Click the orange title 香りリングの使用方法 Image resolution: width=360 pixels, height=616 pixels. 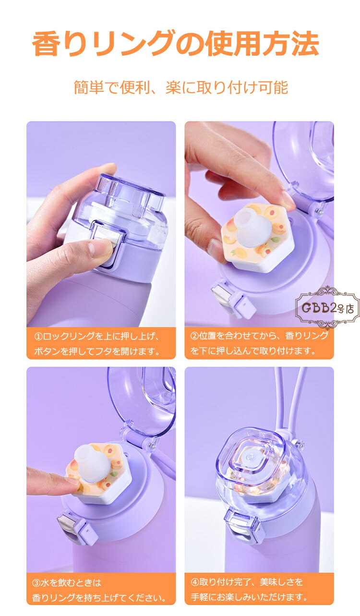(x=176, y=43)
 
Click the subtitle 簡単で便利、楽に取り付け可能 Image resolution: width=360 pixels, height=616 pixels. (x=181, y=87)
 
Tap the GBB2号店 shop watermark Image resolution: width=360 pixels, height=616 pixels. (x=327, y=308)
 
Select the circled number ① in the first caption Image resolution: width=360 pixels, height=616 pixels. (x=38, y=336)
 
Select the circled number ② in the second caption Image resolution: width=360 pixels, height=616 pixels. (x=194, y=336)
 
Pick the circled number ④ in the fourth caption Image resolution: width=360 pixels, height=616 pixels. (x=195, y=582)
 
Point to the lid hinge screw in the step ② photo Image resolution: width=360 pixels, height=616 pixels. (x=318, y=211)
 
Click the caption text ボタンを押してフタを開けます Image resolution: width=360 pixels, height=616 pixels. (x=97, y=351)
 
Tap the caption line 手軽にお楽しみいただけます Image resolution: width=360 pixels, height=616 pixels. (x=249, y=597)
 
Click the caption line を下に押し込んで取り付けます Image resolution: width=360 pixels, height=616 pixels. (x=253, y=350)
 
